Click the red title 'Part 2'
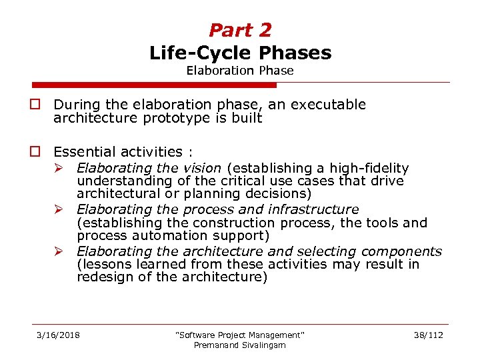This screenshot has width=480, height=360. point(240,30)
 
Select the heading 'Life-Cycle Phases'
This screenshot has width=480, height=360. point(240,53)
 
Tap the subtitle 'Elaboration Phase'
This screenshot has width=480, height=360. point(240,71)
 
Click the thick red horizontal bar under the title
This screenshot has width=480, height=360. point(154,85)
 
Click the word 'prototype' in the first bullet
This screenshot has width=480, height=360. point(167,118)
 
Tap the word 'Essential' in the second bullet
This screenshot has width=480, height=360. point(84,153)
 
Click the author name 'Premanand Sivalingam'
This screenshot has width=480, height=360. point(240,345)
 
